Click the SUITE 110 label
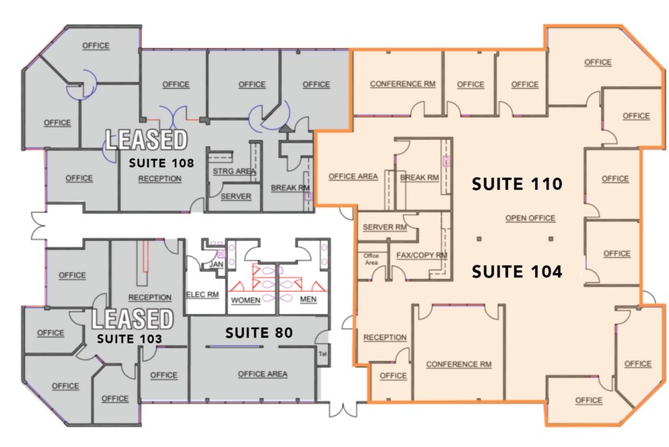[x=517, y=184]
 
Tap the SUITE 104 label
[x=517, y=271]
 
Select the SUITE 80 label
[x=259, y=333]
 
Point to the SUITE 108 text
[x=161, y=163]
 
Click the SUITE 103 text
[x=129, y=339]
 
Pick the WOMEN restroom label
[x=246, y=300]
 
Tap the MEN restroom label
[x=308, y=300]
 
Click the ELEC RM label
[x=202, y=295]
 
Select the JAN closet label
[x=217, y=265]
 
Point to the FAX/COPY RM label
[x=421, y=255]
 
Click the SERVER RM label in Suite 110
[x=385, y=227]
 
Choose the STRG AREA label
[x=234, y=171]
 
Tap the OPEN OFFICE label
[x=531, y=218]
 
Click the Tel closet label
[x=322, y=354]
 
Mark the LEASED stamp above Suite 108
[x=146, y=139]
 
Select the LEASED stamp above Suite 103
[x=133, y=319]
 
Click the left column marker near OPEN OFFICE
[x=479, y=239]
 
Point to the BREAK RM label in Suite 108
[x=290, y=188]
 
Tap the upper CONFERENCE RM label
[x=403, y=84]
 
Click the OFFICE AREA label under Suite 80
[x=262, y=374]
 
